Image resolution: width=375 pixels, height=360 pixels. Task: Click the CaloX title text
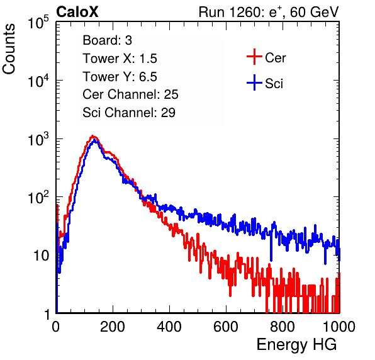coord(77,12)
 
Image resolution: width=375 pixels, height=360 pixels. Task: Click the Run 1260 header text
coord(269,12)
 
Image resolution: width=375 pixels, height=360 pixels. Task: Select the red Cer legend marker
coord(254,57)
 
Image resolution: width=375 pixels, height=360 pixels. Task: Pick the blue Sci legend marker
coord(254,83)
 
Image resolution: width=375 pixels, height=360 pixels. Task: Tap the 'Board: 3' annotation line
coord(107,40)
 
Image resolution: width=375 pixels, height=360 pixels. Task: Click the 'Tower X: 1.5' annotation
coord(120,59)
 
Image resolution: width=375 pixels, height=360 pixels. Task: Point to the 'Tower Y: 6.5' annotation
coord(120,77)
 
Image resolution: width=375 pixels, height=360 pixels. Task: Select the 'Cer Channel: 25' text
coord(130,94)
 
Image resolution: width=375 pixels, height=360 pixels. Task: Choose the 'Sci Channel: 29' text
coord(129,113)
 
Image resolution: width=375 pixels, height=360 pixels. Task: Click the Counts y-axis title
coord(9,49)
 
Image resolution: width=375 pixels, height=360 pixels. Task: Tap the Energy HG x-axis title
coord(296,345)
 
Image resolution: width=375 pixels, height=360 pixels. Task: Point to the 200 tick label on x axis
coord(113,327)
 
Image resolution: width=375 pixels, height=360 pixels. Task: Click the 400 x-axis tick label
coord(169,327)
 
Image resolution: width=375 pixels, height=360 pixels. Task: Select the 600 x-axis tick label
coord(226,327)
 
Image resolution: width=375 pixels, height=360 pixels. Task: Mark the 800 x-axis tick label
coord(283,327)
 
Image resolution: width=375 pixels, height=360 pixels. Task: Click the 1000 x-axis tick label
coord(339,327)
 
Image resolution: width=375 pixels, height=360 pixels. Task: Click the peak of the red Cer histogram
coord(92,136)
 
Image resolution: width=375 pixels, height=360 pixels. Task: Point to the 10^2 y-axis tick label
coord(38,197)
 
